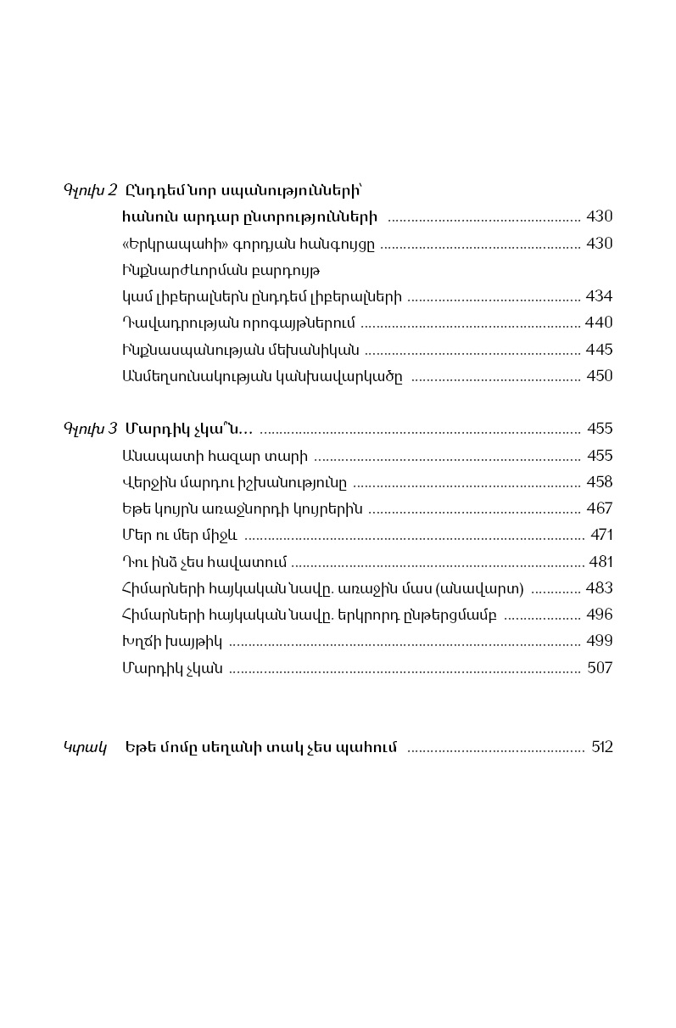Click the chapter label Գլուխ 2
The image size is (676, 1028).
[90, 189]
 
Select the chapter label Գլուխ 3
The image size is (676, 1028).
[90, 429]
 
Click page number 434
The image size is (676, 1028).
[599, 296]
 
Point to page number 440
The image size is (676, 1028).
[599, 323]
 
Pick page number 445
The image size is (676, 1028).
[599, 350]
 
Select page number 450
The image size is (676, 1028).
[599, 376]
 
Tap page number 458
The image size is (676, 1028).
[599, 482]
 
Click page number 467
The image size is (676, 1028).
[599, 508]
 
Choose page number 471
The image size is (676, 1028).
[601, 535]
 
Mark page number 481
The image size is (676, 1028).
[599, 562]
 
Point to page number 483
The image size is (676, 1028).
[599, 588]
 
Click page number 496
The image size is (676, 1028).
[599, 615]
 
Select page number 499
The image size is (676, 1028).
[599, 641]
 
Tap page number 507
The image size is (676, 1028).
[600, 668]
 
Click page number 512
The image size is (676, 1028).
[602, 747]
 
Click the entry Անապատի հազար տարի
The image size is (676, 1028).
[215, 456]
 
